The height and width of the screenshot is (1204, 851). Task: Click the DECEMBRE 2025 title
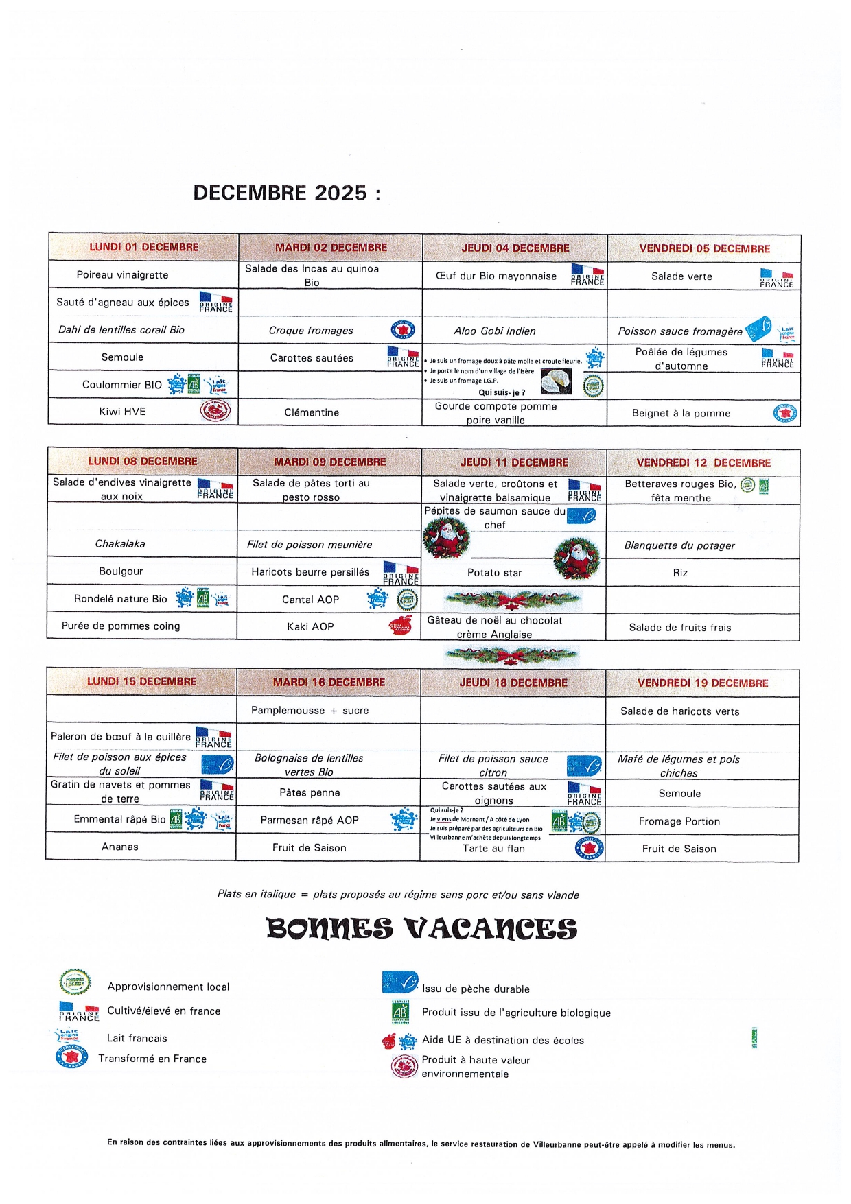coord(286,193)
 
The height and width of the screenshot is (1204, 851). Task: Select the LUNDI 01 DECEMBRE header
coord(143,247)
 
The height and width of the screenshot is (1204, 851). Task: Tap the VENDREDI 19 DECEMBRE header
coord(702,683)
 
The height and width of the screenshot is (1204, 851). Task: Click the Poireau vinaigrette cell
coord(122,275)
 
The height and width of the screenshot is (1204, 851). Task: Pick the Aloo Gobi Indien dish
coord(494,331)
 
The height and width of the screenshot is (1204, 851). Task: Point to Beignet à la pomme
coord(681,414)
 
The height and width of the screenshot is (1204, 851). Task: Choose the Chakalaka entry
coord(120,544)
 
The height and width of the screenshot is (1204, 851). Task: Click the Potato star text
coord(494,573)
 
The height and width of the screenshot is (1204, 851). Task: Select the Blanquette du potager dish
coord(679,546)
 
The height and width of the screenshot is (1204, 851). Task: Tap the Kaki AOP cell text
coord(310,627)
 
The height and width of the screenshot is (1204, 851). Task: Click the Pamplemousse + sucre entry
coord(310,711)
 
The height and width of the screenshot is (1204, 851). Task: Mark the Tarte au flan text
coord(493,849)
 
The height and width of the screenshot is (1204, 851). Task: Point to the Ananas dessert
coord(120,847)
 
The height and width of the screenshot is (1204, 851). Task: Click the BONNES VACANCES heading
coord(421,929)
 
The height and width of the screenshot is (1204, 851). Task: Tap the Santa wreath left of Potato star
coord(446,538)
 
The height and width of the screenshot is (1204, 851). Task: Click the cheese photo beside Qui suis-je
coord(556,382)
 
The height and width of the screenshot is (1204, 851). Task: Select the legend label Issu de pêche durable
coord(476,989)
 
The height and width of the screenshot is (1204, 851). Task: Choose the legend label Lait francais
coord(137,1039)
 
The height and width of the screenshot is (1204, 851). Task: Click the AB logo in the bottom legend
coord(400,1012)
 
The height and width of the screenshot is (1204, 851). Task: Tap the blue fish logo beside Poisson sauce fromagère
coord(758,329)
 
